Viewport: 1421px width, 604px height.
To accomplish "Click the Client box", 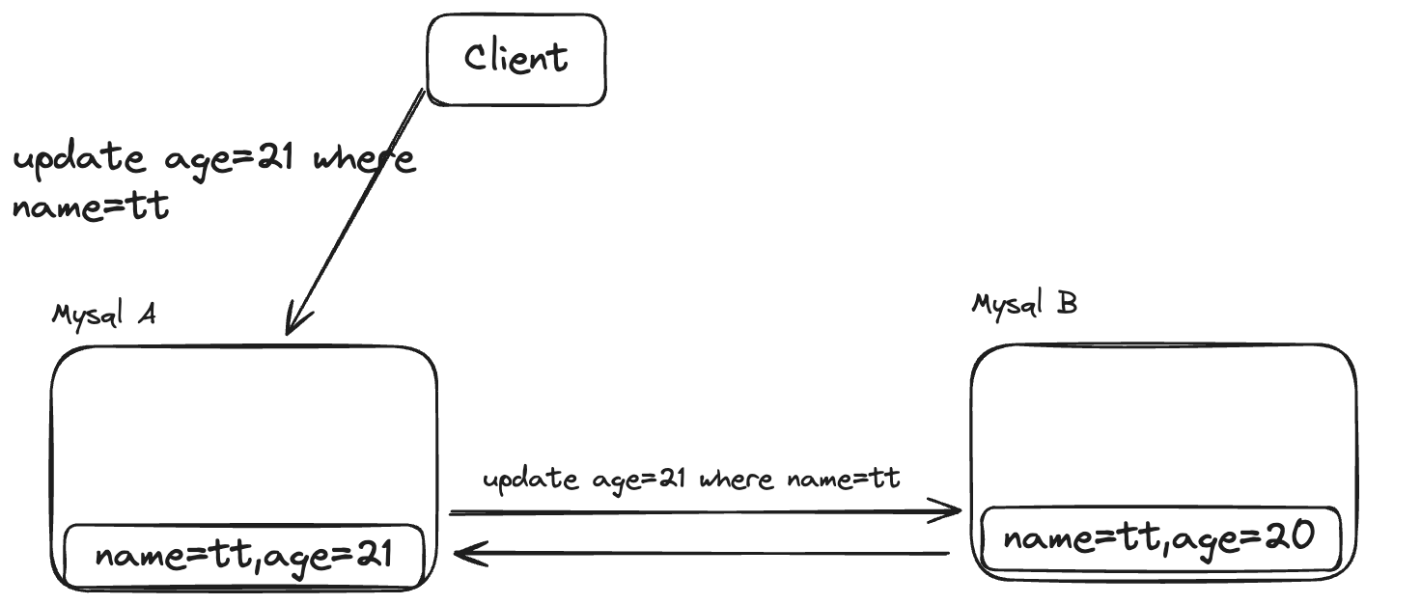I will (x=516, y=60).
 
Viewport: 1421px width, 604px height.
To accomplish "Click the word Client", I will (x=516, y=59).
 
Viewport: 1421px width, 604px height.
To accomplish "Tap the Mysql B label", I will (x=1024, y=305).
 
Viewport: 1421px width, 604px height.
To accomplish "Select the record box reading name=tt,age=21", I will (x=244, y=557).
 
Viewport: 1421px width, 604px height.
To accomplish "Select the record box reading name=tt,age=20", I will (x=1159, y=537).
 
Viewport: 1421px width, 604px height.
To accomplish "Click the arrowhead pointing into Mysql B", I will (x=952, y=511).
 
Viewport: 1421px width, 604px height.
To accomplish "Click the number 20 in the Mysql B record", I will (x=1290, y=536).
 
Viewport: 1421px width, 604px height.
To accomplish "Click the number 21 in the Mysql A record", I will (x=371, y=556).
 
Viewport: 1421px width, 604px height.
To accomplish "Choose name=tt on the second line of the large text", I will (x=91, y=206).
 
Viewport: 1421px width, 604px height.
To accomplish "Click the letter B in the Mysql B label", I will (x=1067, y=304).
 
